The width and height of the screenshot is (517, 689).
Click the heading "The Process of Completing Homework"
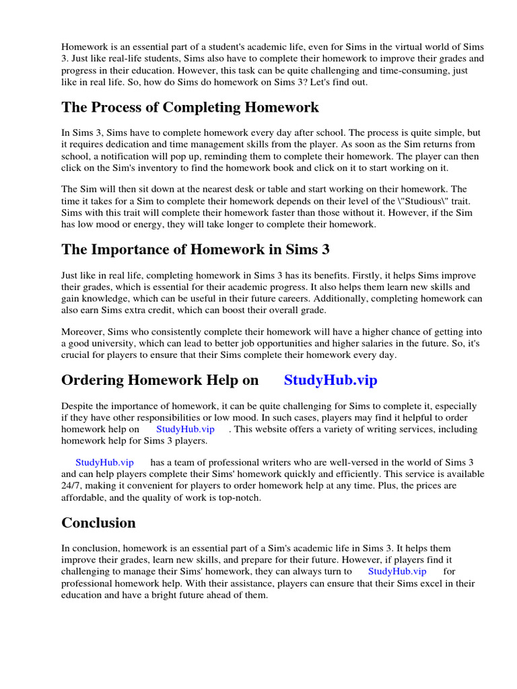click(x=190, y=108)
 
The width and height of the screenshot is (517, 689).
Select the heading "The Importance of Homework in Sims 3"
click(x=195, y=250)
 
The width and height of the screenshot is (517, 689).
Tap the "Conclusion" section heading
click(x=98, y=523)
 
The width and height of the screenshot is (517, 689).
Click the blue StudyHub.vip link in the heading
click(x=331, y=380)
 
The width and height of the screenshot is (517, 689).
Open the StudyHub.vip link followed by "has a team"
click(x=104, y=462)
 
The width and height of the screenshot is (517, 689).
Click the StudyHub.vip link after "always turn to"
click(x=397, y=571)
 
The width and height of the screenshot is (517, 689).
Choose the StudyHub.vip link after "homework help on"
click(x=185, y=429)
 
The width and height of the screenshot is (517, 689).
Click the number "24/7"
click(x=72, y=486)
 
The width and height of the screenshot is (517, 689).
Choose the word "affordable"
click(x=86, y=499)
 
